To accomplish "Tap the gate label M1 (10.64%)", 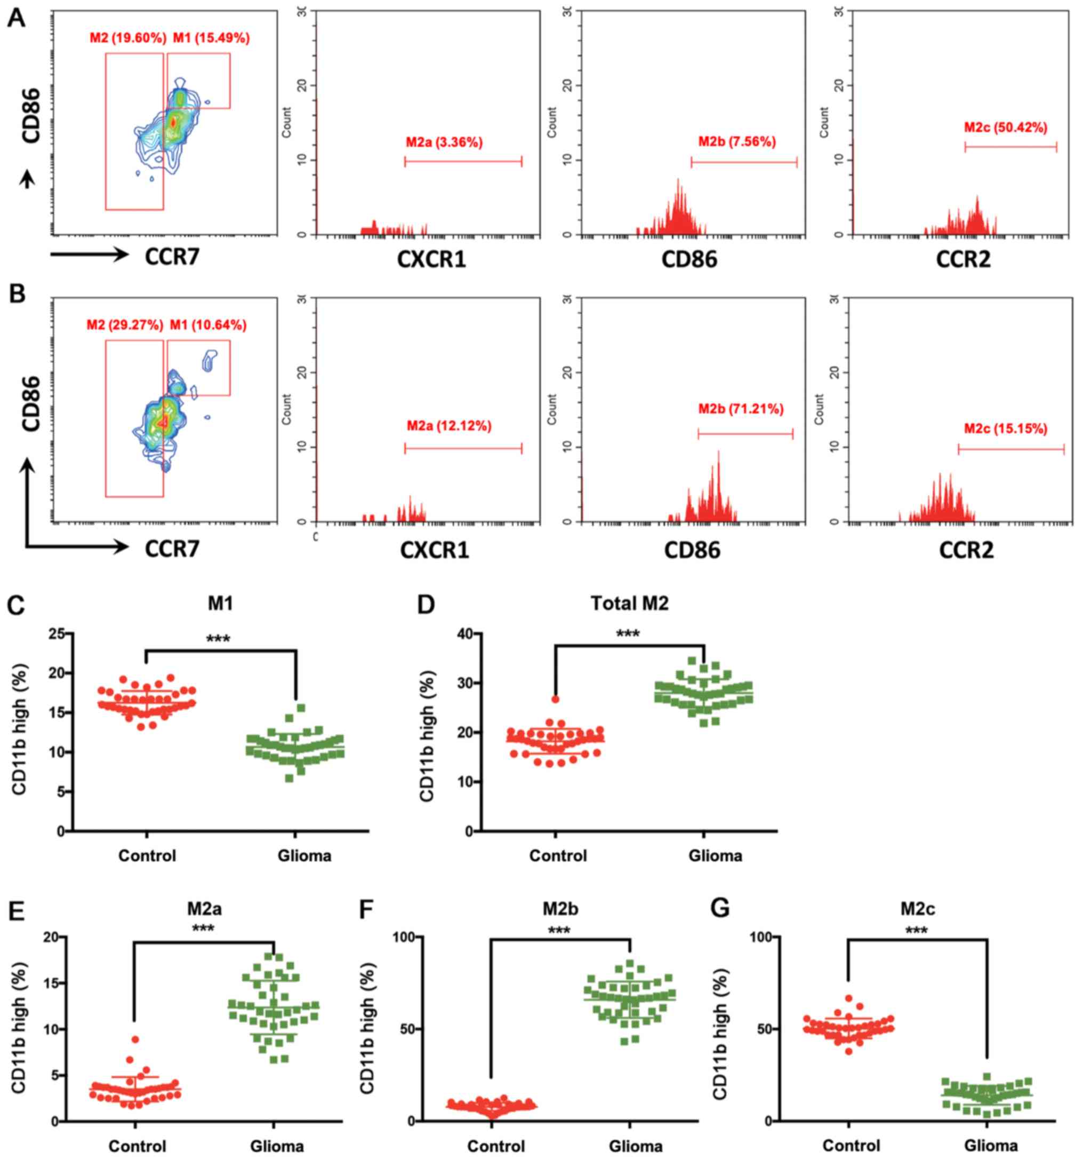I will [208, 326].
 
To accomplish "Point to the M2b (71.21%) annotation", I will [741, 409].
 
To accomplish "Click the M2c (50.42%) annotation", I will [1006, 128].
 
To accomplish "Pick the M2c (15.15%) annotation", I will [1006, 429].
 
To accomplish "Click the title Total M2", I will [629, 603].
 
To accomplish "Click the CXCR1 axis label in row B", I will [434, 550].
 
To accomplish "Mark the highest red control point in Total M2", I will [555, 699].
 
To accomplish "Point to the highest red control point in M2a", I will [135, 1039].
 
